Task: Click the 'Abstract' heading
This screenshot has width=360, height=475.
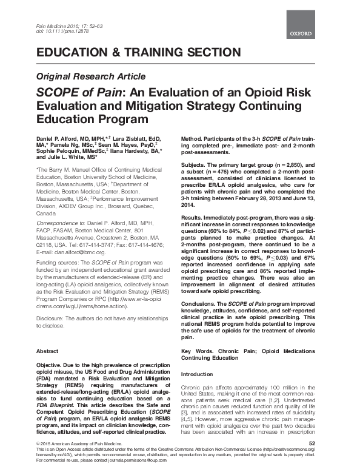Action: tap(47, 351)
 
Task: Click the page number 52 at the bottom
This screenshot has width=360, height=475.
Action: tap(312, 461)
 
